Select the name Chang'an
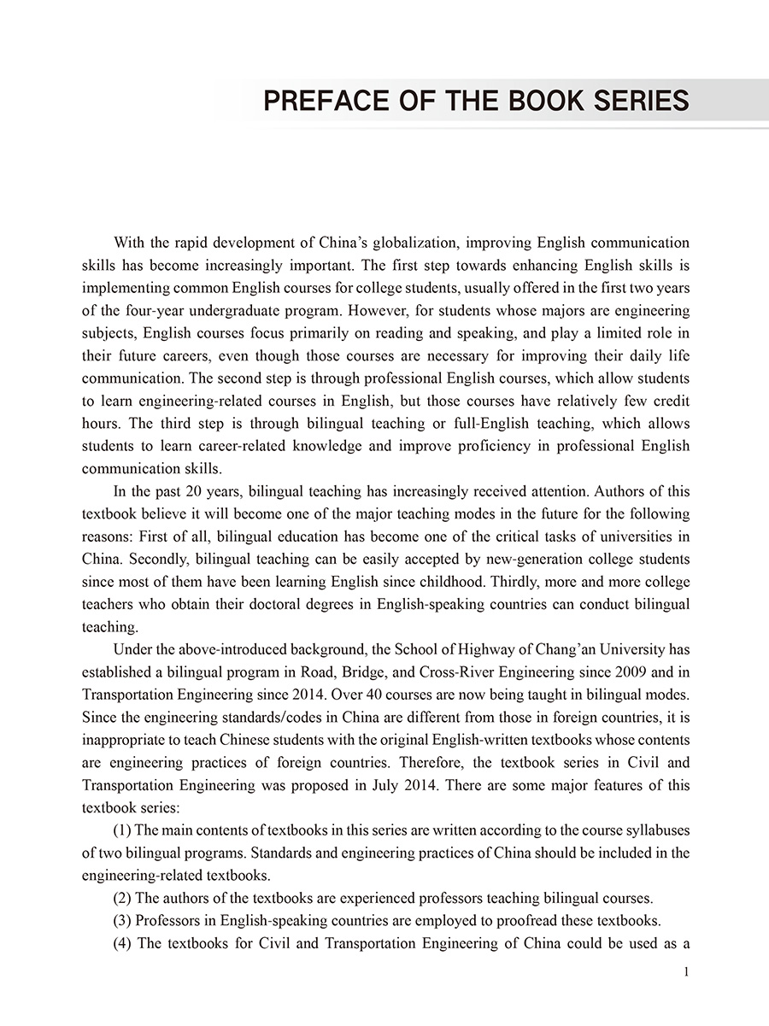[x=566, y=649]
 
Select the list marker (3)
[x=122, y=921]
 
